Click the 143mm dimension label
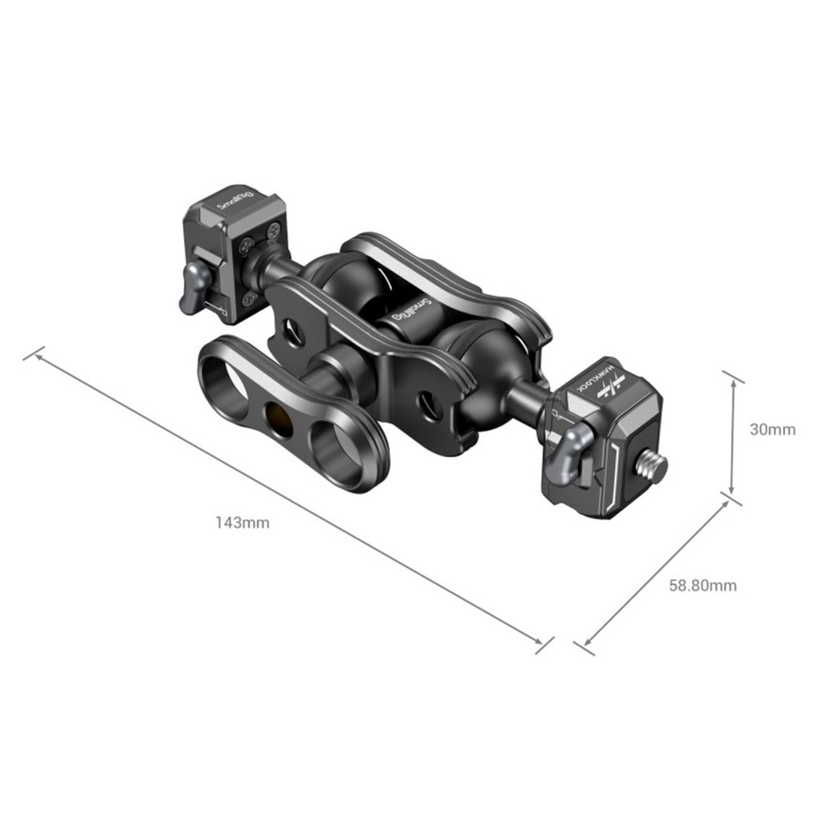tap(243, 522)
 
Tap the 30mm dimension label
tap(772, 429)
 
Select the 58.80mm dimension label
tap(702, 586)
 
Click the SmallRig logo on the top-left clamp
tap(235, 200)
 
